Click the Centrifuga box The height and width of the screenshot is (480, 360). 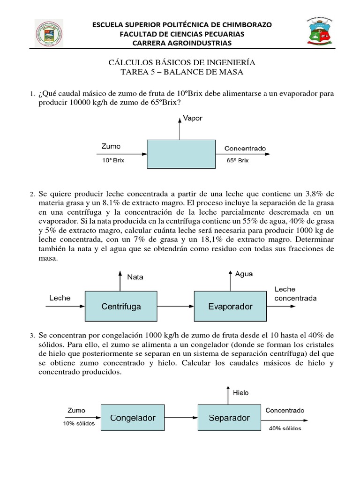(x=121, y=307)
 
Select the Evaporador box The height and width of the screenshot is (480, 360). (x=230, y=307)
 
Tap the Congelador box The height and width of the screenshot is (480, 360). (x=133, y=417)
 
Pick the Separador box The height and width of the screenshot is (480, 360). (x=229, y=417)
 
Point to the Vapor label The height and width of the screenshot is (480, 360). (x=193, y=119)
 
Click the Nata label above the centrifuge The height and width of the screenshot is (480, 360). (x=135, y=277)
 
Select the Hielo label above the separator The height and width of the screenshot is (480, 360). (x=240, y=393)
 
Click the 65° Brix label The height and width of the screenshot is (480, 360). (x=238, y=159)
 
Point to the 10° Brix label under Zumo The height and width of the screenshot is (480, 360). (x=113, y=159)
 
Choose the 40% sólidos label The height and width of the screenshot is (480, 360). (x=285, y=428)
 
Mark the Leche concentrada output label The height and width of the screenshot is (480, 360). (x=295, y=294)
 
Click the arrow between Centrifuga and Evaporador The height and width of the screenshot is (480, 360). (x=175, y=307)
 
